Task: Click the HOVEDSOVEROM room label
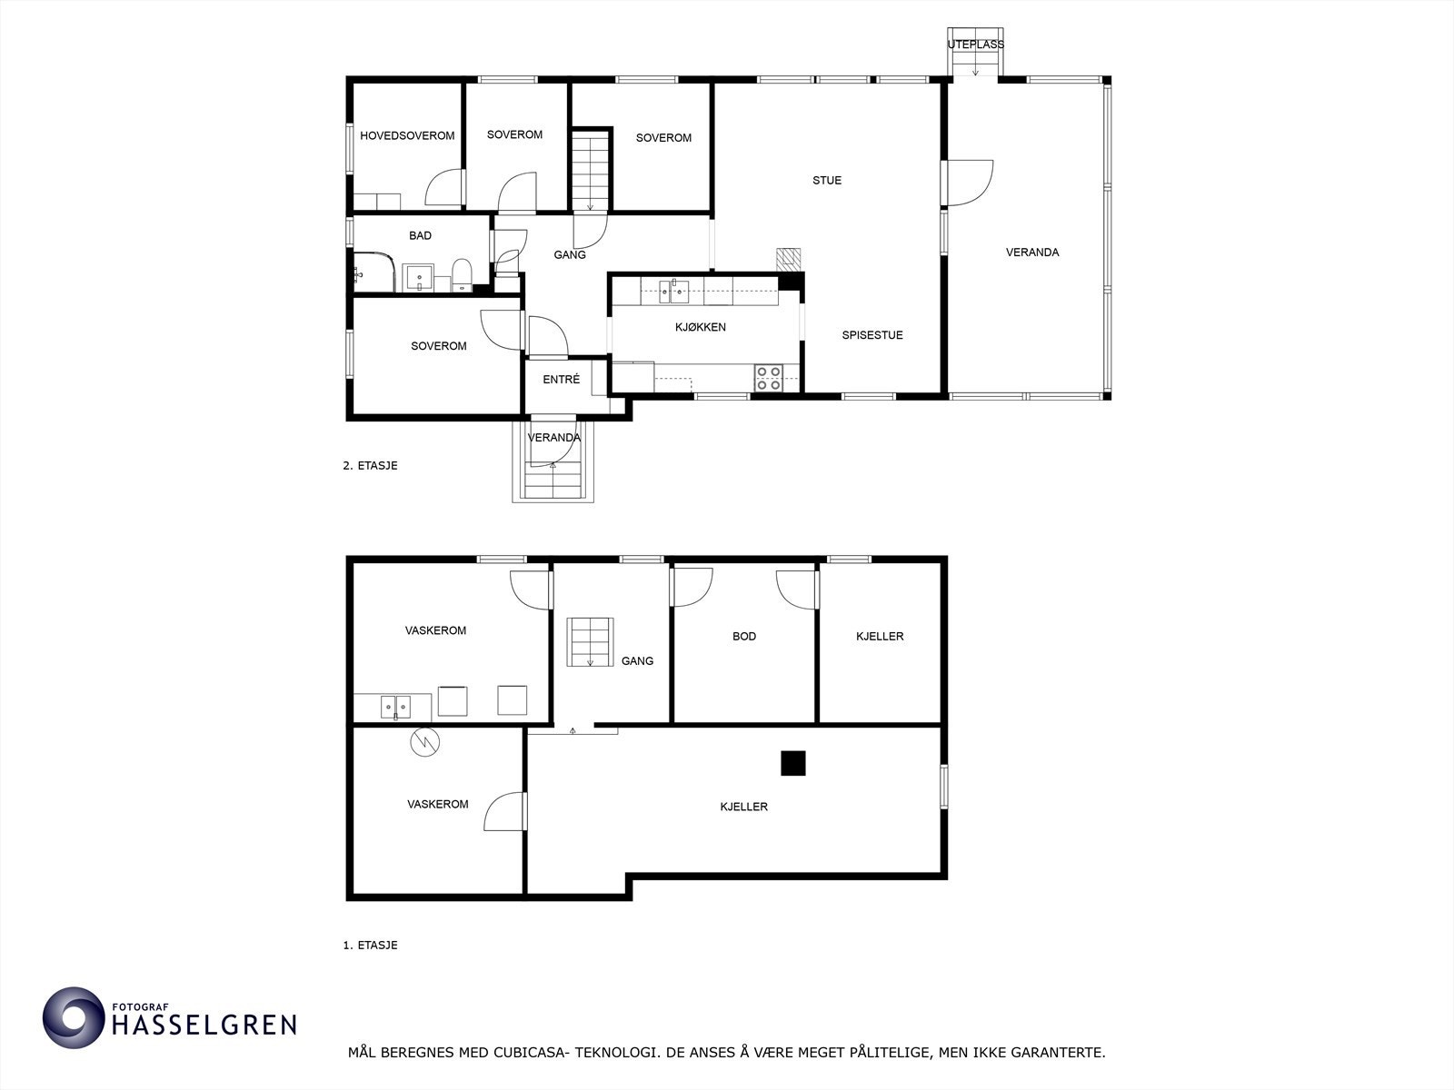(x=407, y=136)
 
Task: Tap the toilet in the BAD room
(x=462, y=275)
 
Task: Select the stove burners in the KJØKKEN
(x=769, y=377)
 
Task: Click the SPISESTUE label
(x=872, y=335)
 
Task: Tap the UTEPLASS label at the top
(x=976, y=45)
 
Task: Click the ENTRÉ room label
(x=561, y=380)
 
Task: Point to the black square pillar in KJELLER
(x=793, y=763)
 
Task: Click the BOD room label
(x=744, y=637)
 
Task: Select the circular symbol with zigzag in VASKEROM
(x=424, y=742)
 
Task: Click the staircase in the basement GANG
(x=590, y=641)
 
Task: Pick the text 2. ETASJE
(x=370, y=466)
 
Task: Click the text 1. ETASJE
(x=370, y=945)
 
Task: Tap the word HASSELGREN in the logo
(x=204, y=1026)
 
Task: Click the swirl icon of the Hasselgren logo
(x=74, y=1017)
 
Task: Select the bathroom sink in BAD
(x=419, y=276)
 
